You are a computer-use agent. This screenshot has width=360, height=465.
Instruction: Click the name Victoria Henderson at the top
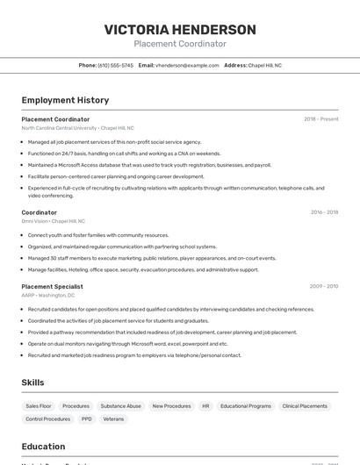pos(180,30)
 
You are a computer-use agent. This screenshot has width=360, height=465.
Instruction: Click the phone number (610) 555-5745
pos(115,65)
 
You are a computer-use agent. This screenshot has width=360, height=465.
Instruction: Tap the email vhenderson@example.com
pos(187,65)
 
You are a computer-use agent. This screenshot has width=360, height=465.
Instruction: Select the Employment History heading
pos(65,100)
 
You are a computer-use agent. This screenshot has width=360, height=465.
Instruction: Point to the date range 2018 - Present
pos(321,119)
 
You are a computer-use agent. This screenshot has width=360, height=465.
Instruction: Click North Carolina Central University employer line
pos(78,128)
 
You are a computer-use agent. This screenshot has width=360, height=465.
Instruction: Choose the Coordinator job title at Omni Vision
pos(40,212)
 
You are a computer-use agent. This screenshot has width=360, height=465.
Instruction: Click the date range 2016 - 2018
pos(324,212)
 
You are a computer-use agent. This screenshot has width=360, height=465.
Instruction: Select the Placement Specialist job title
pos(53,286)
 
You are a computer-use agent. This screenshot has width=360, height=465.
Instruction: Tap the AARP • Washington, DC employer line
pos(48,296)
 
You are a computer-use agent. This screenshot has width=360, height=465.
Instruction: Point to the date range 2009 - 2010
pos(324,286)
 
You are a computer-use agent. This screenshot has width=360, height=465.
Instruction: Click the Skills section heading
pos(33,383)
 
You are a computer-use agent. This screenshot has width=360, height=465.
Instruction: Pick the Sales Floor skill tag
pos(39,406)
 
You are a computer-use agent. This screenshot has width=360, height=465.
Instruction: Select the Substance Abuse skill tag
pos(120,406)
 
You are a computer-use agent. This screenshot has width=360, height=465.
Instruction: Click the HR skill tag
pos(205,406)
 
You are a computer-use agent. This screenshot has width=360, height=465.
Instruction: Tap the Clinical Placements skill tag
pos(305,406)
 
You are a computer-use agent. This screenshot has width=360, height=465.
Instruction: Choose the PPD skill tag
pos(87,419)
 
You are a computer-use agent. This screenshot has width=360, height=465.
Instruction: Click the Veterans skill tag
pos(113,419)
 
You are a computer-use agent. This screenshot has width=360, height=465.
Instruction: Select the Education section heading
pos(43,447)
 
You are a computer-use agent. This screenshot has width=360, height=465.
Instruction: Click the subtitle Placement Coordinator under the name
pos(180,44)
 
